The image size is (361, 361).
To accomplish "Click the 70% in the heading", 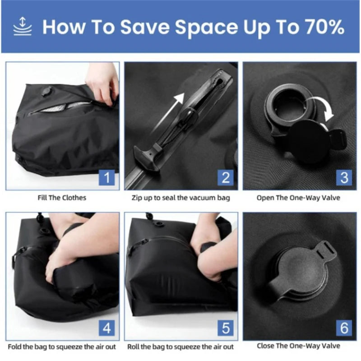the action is coord(325,27).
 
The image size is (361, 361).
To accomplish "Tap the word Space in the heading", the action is coord(206,28).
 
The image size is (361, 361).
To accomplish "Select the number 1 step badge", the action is coord(107,177).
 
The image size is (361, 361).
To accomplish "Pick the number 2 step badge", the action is coord(226,177).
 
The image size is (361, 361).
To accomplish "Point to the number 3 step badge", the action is coord(344,177).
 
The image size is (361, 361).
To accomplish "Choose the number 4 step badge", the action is coord(107,328).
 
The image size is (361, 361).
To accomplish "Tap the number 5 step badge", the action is coord(226,328).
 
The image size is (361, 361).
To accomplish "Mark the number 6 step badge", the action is coord(344,328).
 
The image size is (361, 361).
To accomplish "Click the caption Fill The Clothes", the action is coord(62,198).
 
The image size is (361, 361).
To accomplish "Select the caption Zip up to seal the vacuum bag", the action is coord(181,198).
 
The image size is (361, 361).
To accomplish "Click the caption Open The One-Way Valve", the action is coord(298,198).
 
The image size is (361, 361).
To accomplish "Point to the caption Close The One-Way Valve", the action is coord(298,346).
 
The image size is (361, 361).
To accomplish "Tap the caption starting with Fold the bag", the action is coord(62,347).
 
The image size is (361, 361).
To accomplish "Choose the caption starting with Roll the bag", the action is coord(180,347).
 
